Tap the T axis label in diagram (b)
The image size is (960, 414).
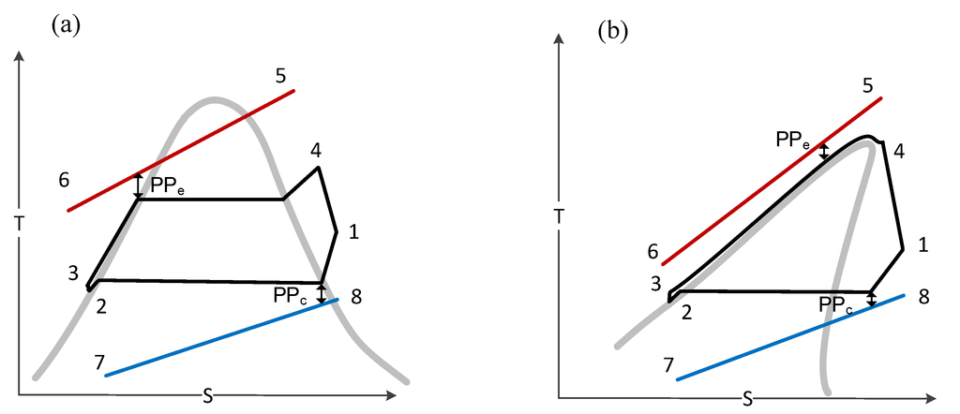coord(560,215)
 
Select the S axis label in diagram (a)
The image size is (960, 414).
coord(208,397)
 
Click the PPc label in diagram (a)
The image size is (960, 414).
coord(291,295)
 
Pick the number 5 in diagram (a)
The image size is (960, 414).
coord(280,75)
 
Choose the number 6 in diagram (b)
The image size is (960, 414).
coord(652,251)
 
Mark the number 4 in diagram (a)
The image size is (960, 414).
coord(316,150)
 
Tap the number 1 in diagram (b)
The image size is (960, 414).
coord(922,246)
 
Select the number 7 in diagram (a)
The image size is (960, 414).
coord(98,362)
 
